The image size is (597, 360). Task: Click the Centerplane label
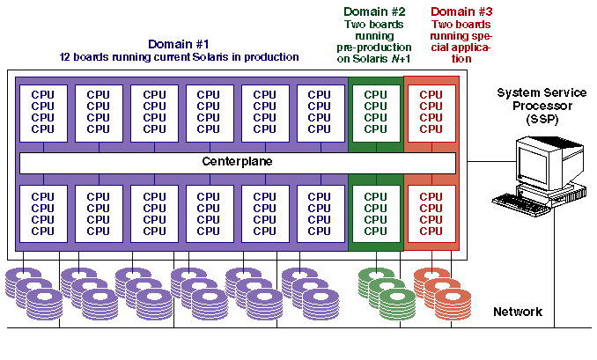point(238,163)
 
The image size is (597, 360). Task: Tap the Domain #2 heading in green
point(374,11)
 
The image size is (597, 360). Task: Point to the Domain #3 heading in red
point(462,11)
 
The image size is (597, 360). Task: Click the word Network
point(518,312)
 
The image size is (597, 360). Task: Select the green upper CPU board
point(376,111)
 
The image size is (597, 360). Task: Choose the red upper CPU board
point(431,111)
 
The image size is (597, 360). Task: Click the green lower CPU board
point(376,214)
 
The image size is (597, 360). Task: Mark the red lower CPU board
point(431,214)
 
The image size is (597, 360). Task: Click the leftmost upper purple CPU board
point(43,112)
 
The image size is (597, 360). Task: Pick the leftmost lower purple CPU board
point(43,214)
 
